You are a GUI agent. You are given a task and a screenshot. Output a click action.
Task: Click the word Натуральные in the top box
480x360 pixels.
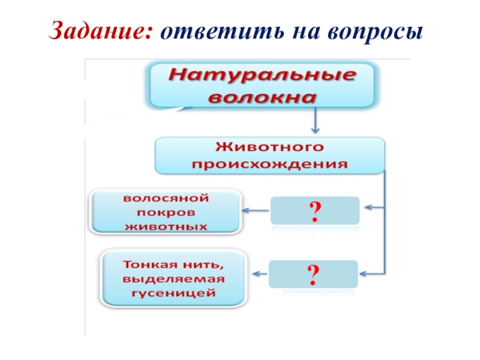(x=261, y=76)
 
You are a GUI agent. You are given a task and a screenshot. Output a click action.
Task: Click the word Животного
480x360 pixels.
(x=269, y=146)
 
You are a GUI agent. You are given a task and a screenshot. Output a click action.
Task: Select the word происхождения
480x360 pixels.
(x=269, y=164)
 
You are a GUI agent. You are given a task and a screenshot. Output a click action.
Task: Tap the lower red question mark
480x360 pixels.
(x=313, y=274)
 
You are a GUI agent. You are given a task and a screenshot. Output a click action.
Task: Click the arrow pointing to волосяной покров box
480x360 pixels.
(x=256, y=210)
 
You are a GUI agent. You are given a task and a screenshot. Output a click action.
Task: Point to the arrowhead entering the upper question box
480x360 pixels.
(x=367, y=208)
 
